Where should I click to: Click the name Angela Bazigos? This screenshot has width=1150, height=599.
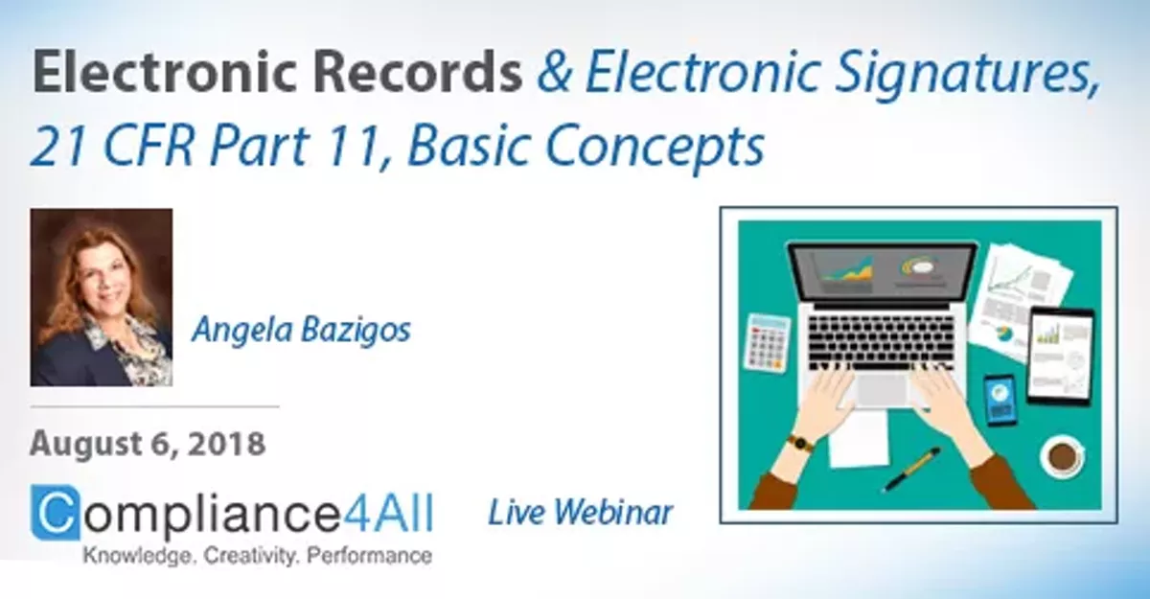click(x=301, y=330)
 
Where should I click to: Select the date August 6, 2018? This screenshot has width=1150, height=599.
click(x=147, y=444)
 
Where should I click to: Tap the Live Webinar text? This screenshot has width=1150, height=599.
click(x=580, y=513)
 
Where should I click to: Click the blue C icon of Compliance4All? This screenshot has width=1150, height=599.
click(x=57, y=514)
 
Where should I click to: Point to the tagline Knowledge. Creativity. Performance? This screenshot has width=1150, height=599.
click(x=256, y=556)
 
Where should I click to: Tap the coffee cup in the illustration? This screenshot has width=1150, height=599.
click(x=1062, y=455)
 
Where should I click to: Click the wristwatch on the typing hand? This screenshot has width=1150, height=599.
click(x=800, y=443)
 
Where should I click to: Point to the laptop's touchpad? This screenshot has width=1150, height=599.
click(x=883, y=387)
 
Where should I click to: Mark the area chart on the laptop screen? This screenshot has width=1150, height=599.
click(x=848, y=271)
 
